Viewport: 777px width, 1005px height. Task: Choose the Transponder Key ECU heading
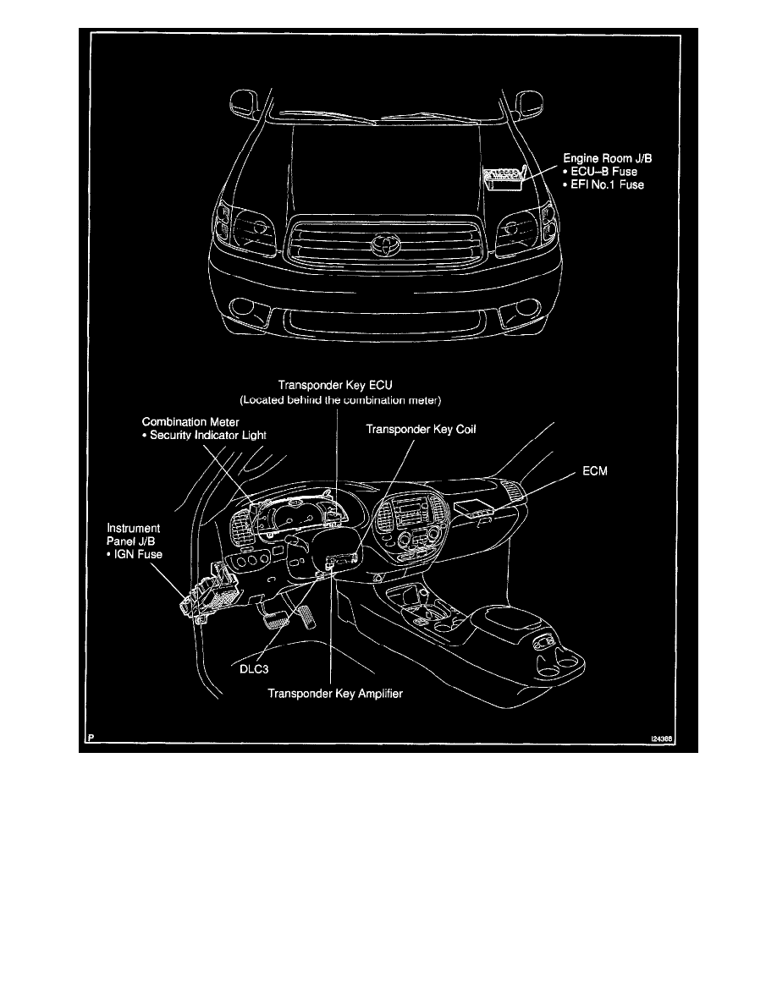point(336,383)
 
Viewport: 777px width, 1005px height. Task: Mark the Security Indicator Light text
point(207,435)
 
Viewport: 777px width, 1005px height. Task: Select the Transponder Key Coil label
point(421,430)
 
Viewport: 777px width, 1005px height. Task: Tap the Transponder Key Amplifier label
point(335,694)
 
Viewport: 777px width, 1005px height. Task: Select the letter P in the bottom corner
point(89,739)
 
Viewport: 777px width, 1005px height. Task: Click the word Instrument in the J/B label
point(126,527)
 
